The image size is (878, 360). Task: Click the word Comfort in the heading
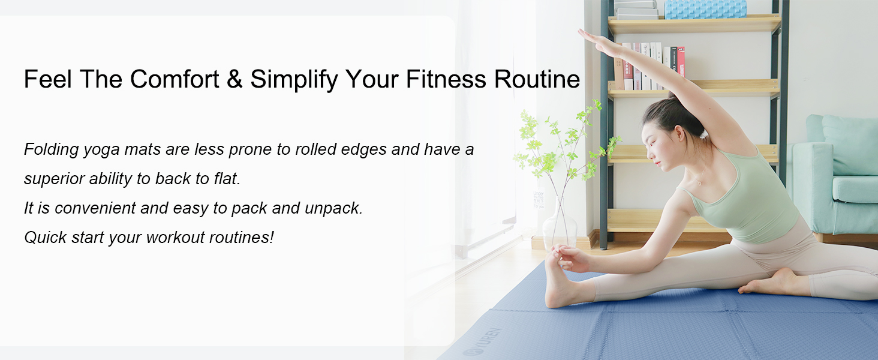175,79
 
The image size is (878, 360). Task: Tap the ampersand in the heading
234,79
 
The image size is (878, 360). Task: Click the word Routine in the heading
537,79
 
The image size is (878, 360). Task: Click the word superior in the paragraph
54,179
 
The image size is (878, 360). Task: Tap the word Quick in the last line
45,238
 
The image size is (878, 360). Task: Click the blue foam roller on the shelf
705,9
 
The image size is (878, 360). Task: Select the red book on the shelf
681,63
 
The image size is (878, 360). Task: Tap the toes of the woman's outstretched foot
556,253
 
